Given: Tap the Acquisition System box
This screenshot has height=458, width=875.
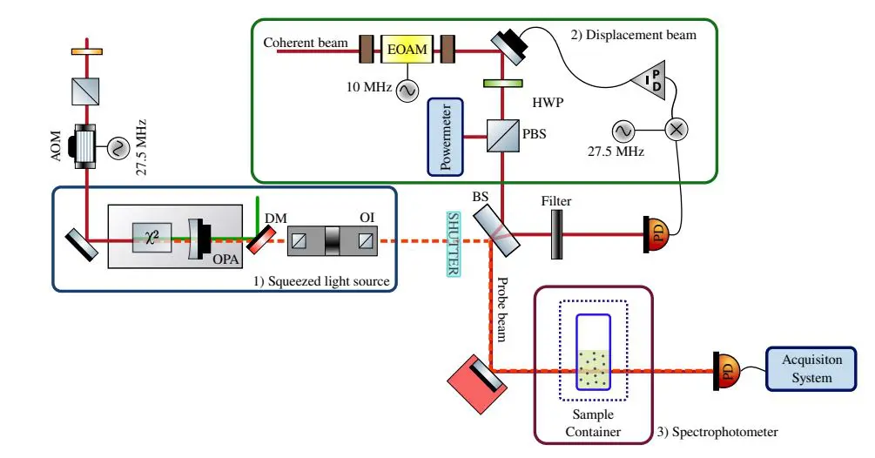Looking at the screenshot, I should click(806, 369).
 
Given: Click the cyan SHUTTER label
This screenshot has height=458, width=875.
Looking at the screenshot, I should click(453, 245).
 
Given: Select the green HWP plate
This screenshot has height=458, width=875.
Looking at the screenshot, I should click(501, 84).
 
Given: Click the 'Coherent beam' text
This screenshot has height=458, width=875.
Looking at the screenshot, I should click(305, 43).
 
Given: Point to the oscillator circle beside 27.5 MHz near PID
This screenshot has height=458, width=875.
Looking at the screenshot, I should click(623, 131).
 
